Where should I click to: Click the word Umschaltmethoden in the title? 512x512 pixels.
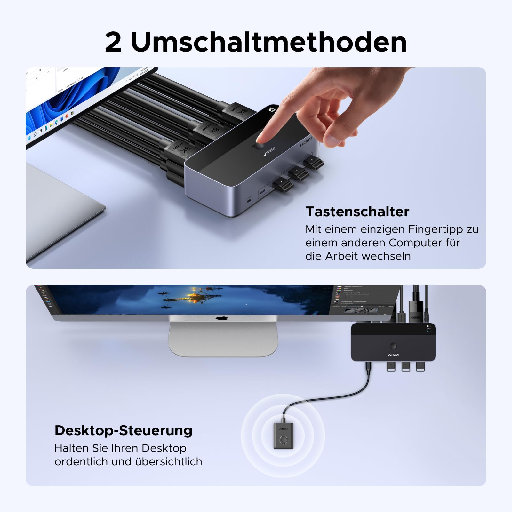(269, 42)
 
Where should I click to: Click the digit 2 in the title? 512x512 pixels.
(113, 43)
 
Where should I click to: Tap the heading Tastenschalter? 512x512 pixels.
(357, 212)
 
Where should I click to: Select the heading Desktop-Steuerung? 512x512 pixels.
(123, 430)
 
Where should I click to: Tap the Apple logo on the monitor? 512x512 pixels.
(222, 318)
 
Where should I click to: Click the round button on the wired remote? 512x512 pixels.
(284, 440)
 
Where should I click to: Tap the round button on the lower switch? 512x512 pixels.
(393, 346)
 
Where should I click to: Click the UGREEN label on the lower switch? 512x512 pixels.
(393, 355)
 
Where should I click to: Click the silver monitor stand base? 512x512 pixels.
(223, 339)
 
